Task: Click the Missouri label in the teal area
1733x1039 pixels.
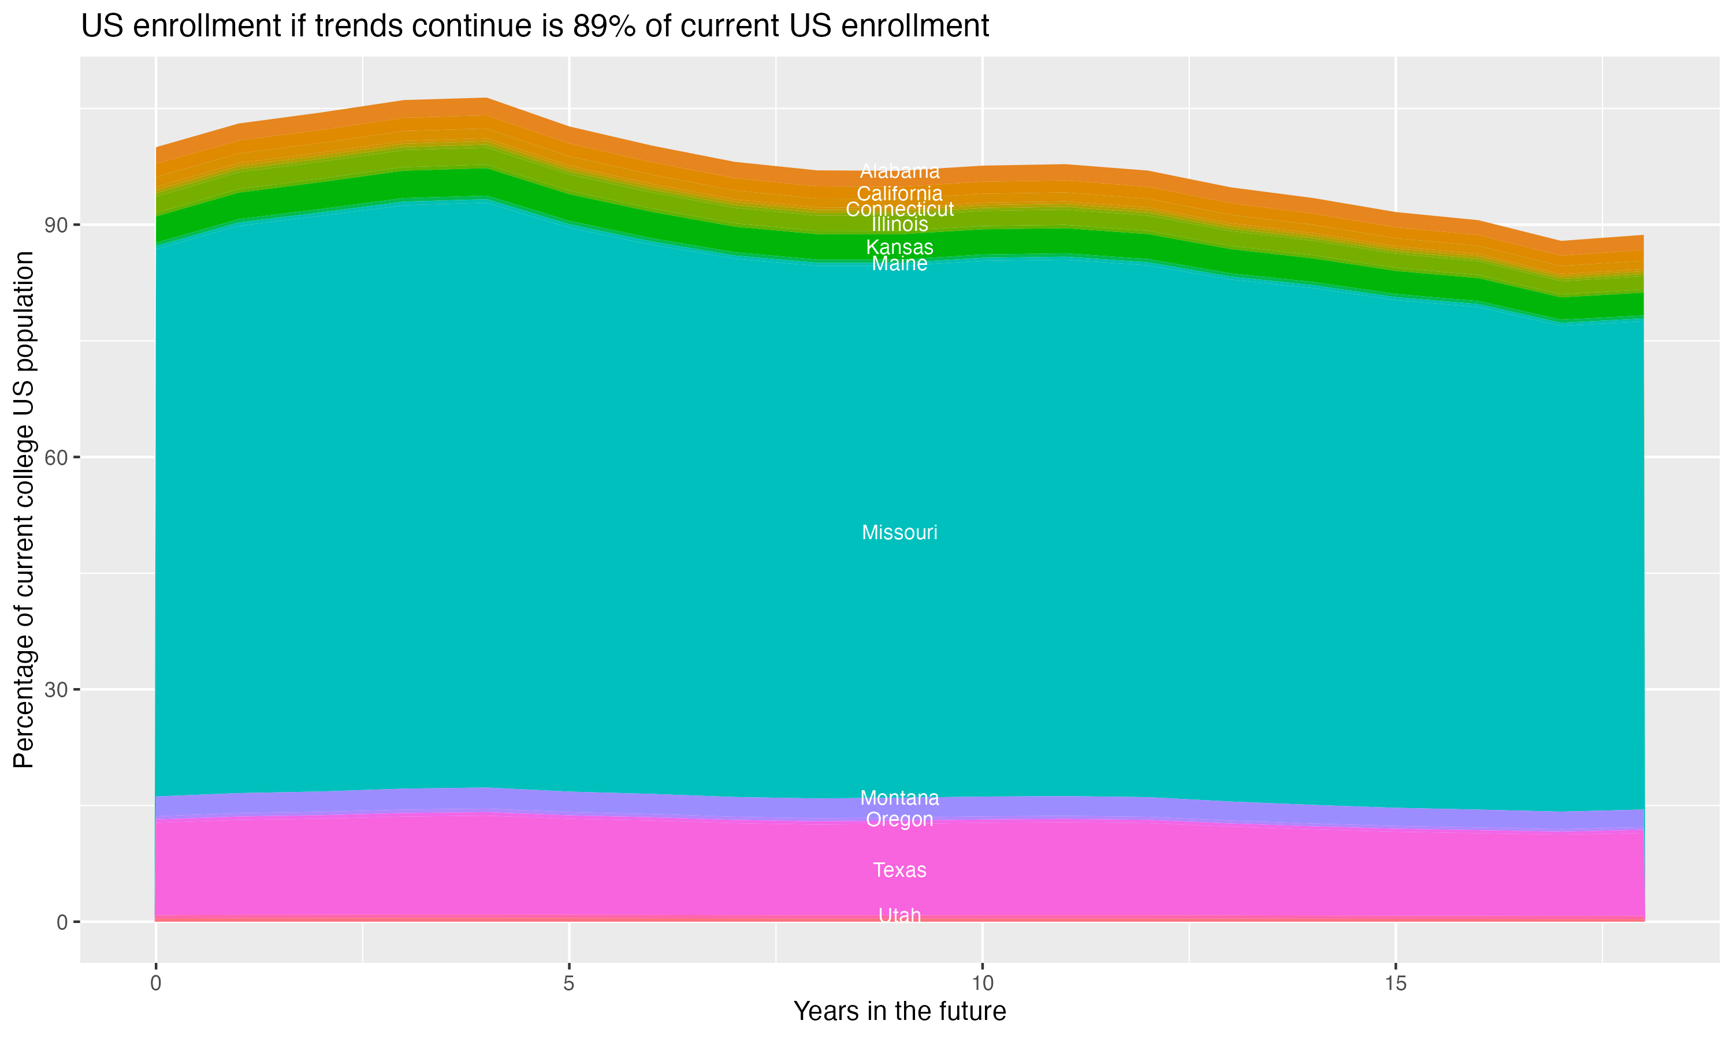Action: tap(899, 533)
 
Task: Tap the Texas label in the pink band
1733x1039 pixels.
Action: tap(899, 870)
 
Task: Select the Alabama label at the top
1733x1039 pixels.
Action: tap(899, 171)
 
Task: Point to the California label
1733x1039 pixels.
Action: tap(899, 194)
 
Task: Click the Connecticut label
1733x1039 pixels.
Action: tap(899, 210)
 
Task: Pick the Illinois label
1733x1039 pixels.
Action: tap(899, 225)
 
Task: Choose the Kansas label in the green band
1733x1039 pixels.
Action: tap(899, 248)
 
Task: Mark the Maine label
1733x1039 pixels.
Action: tap(899, 264)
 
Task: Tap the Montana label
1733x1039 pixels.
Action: tap(899, 798)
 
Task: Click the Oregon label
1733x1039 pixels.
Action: tap(899, 820)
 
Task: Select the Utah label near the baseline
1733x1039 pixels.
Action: tap(899, 915)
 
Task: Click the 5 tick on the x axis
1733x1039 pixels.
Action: tap(569, 984)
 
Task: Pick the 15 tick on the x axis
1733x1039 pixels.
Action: tap(1396, 984)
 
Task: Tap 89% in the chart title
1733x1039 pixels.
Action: tap(604, 27)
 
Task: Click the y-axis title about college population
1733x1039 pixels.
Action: tap(24, 509)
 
